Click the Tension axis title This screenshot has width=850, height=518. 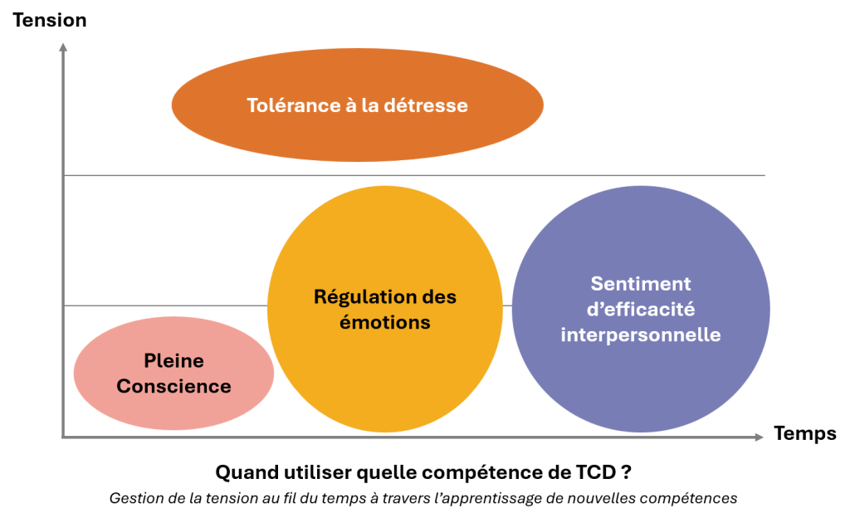tap(49, 20)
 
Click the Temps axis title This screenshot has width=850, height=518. tap(804, 433)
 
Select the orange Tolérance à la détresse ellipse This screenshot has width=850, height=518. tap(357, 105)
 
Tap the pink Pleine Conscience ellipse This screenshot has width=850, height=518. tap(173, 374)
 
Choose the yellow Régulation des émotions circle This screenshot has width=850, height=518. tap(385, 309)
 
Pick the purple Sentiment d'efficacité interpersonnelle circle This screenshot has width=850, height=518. tap(641, 309)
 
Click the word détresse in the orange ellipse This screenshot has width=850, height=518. tap(426, 105)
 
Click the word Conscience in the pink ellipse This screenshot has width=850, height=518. tap(173, 386)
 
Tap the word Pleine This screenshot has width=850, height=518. tap(173, 361)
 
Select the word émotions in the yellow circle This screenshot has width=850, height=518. tap(385, 322)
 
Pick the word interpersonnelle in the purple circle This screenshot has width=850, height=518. tap(641, 335)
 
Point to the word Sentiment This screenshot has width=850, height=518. tap(641, 284)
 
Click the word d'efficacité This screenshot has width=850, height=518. tap(641, 310)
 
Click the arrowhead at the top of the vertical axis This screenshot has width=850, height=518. tap(63, 46)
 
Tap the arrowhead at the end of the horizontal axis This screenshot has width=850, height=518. tap(760, 437)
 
